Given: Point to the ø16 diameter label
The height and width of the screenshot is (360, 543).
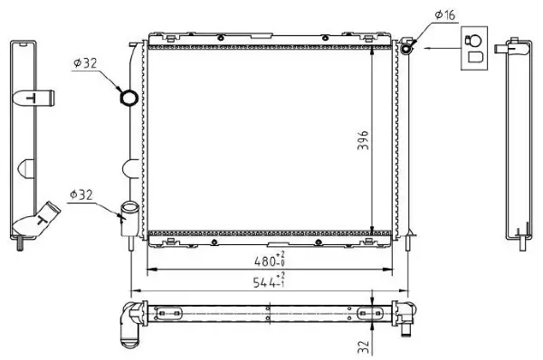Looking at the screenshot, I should (x=444, y=14).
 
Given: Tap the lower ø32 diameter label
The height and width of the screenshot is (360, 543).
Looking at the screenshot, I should (x=83, y=193).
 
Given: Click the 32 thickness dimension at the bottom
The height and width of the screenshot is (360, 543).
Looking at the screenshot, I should (x=363, y=344).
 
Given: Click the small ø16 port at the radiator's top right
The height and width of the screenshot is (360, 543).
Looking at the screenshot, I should (x=408, y=44).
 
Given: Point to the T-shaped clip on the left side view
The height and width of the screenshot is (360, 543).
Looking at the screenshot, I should (x=36, y=99).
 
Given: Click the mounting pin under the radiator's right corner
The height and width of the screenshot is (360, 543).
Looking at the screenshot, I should (x=411, y=239).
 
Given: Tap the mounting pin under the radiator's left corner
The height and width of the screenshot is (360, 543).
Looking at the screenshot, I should (x=132, y=240).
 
